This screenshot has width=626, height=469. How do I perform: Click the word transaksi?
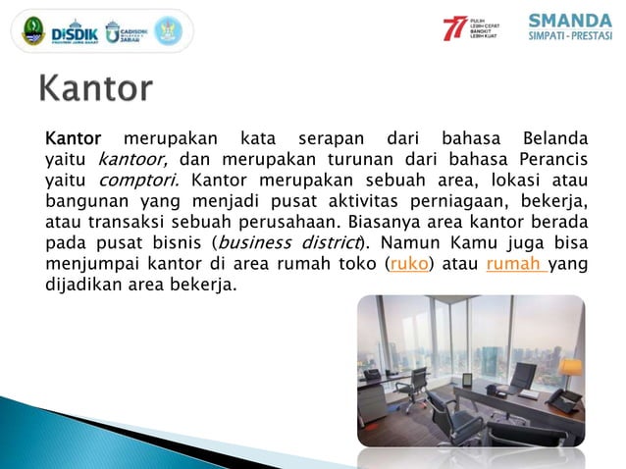coord(123,222)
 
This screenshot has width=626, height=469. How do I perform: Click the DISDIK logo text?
coord(75,29)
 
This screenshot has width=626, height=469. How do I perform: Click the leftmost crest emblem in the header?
coord(32,30)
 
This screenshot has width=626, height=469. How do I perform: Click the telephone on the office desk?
coord(563,398)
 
